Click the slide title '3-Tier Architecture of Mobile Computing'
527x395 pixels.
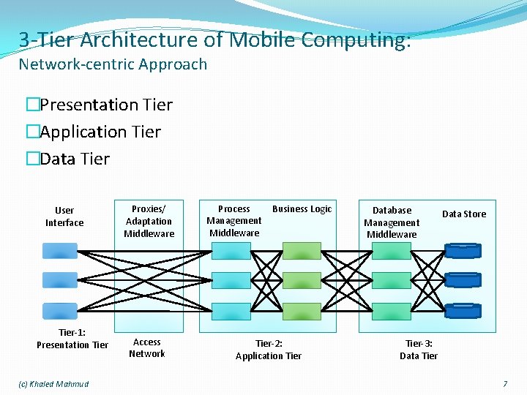coord(214,39)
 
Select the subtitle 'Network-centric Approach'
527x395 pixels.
coord(113,64)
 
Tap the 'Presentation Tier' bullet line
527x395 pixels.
coord(105,105)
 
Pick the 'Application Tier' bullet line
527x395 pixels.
coord(100,132)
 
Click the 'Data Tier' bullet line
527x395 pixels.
coord(74,159)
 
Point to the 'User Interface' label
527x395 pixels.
coord(64,217)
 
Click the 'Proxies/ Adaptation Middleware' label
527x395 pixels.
coord(149,221)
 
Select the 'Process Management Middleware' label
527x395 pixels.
coord(234,221)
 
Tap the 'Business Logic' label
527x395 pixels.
coord(302,209)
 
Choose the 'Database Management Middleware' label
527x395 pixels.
coord(392,222)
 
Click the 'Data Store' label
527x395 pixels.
coord(464,214)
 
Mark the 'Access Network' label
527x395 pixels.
coord(147,348)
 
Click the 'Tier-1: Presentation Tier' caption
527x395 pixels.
coord(72,339)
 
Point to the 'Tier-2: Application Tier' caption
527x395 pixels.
coord(269,350)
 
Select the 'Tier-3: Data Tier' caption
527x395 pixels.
coord(419,350)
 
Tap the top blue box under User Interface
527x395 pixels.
coord(59,251)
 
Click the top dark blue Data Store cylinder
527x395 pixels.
coord(463,251)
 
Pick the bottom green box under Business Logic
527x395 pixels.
coord(296,310)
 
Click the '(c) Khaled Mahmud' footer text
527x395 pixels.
coord(53,384)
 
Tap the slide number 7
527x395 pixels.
coord(504,384)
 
